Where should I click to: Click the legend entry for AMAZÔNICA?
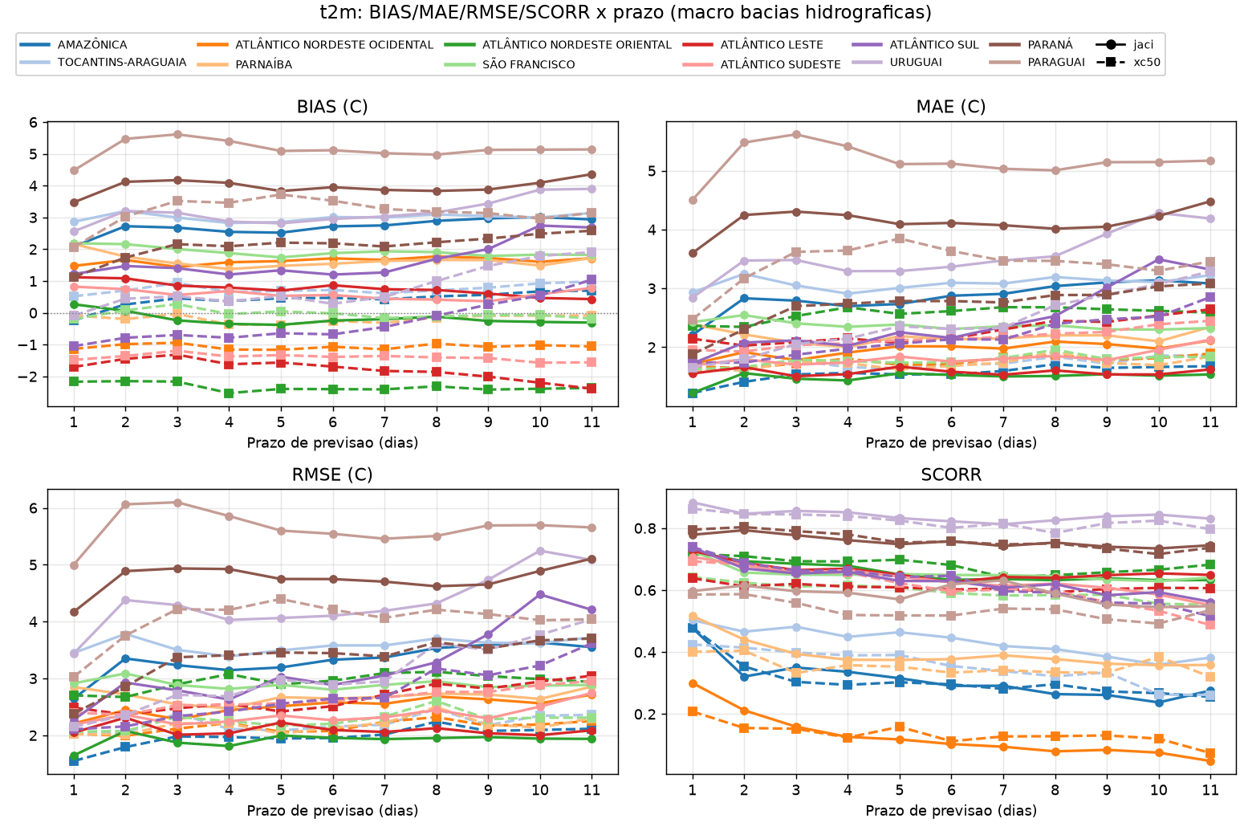(x=73, y=45)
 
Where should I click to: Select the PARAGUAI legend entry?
(x=1036, y=62)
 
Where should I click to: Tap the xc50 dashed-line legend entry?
(x=1128, y=62)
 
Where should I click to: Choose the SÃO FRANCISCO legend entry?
(x=509, y=64)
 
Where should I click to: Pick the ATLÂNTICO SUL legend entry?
(x=916, y=45)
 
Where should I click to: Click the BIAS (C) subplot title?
(x=332, y=106)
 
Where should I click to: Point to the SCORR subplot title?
(x=951, y=475)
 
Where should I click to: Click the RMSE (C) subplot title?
(x=332, y=475)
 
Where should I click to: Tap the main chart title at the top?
(x=625, y=12)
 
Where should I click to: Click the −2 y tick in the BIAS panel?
(x=29, y=377)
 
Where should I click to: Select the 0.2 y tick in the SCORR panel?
(x=645, y=715)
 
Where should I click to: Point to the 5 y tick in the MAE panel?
(x=652, y=171)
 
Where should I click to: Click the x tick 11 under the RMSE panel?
(x=591, y=790)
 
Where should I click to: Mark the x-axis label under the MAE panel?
(x=951, y=443)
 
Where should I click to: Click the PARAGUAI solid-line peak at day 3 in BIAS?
(x=177, y=134)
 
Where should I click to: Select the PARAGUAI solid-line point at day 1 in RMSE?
(x=74, y=565)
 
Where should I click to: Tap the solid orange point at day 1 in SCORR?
(x=693, y=683)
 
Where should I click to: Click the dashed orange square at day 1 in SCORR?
(x=693, y=711)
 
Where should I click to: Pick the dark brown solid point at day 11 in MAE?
(x=1210, y=202)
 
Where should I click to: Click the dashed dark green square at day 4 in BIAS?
(x=230, y=393)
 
